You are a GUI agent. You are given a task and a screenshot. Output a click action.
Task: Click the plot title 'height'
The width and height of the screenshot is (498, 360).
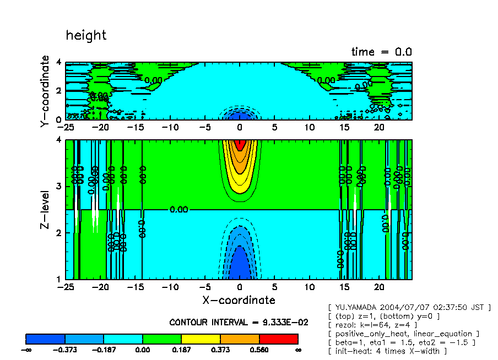(86, 36)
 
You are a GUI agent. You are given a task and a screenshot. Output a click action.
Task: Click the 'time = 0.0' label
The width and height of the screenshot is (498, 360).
(381, 52)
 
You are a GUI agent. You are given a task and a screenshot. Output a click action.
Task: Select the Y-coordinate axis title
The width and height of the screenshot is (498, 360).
(45, 92)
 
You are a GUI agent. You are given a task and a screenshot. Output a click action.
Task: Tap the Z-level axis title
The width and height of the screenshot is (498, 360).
(45, 210)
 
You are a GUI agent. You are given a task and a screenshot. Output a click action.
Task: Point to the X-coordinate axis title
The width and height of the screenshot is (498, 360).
(239, 300)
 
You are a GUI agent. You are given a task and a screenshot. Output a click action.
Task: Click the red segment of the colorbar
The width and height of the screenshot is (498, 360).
(278, 338)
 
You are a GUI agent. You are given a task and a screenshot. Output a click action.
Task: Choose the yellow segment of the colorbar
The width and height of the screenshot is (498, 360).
(201, 338)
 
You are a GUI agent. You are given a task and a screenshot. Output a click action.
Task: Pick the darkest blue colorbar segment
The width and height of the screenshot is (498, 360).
(45, 338)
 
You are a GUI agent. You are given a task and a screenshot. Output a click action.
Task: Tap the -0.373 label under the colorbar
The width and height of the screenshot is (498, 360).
(65, 349)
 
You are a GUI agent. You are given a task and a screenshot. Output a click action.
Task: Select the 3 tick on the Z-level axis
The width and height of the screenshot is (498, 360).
(59, 187)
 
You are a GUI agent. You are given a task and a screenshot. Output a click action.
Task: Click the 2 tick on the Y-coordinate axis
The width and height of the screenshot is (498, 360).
(59, 91)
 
